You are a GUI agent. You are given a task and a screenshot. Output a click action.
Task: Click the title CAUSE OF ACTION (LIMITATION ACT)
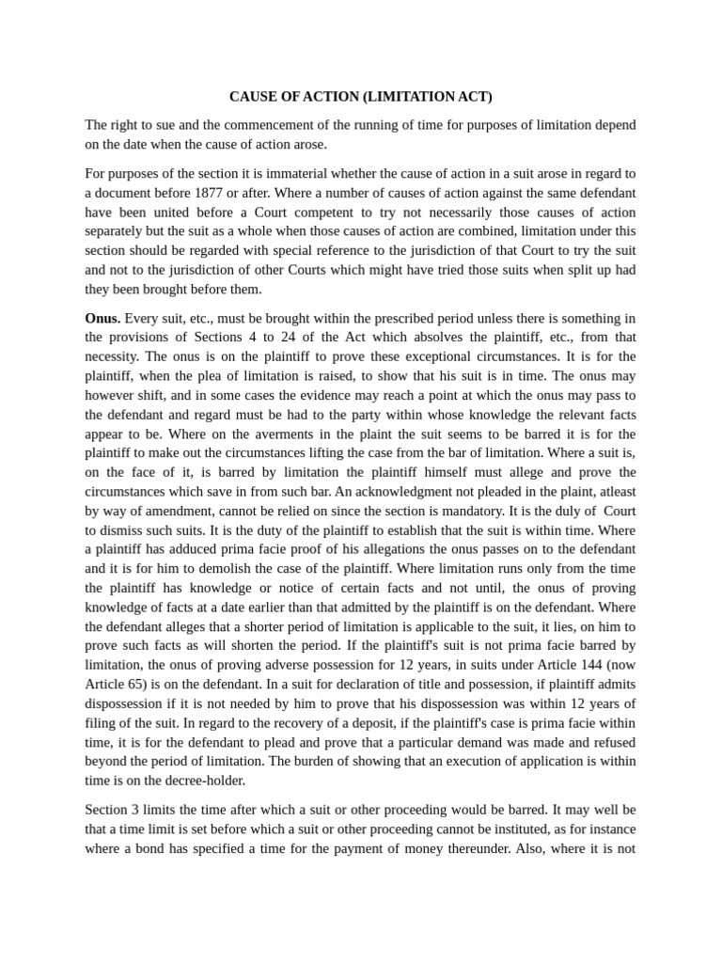coord(361,97)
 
